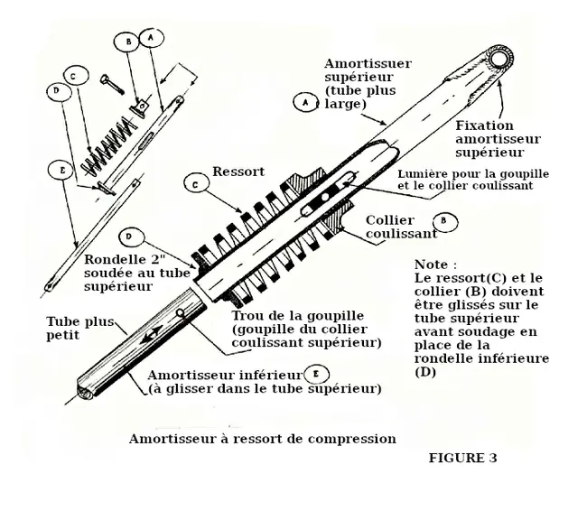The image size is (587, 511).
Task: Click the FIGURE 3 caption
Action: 461,458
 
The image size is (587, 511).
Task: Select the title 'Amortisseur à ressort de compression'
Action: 262,439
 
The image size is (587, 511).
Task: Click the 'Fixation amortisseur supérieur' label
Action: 497,139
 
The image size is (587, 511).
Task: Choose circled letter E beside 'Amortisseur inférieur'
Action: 314,372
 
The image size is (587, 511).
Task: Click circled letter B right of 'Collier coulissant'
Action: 442,219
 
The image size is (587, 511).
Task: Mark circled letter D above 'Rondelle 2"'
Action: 132,237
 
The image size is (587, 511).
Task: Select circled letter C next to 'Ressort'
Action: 191,185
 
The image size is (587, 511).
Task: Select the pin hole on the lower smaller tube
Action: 182,313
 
